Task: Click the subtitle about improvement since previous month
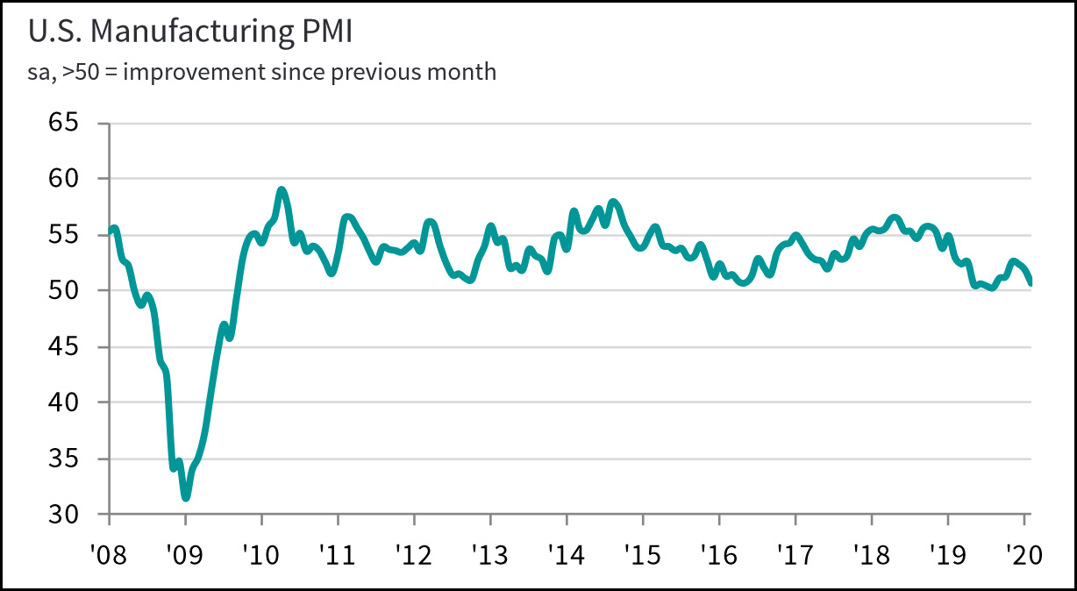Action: point(262,72)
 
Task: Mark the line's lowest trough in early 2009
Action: point(186,497)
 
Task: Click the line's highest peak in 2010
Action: point(281,189)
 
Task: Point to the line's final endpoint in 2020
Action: point(1030,282)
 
